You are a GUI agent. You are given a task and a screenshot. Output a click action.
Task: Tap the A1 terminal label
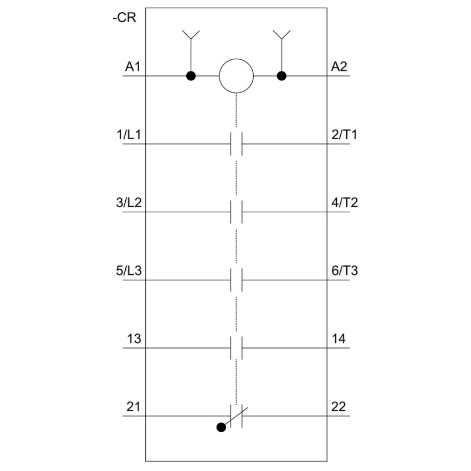[x=133, y=66]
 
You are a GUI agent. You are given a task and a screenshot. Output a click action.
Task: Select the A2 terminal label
[x=339, y=66]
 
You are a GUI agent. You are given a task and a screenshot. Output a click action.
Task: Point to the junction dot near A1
[x=191, y=76]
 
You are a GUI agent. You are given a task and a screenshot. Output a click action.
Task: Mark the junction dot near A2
[x=281, y=76]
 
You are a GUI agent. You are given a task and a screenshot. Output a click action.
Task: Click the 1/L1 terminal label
[x=129, y=135]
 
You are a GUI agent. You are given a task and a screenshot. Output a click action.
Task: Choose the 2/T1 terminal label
[x=344, y=135]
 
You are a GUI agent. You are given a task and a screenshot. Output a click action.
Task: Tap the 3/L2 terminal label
[x=129, y=203]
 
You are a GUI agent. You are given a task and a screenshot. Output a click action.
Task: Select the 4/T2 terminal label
[x=345, y=203]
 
